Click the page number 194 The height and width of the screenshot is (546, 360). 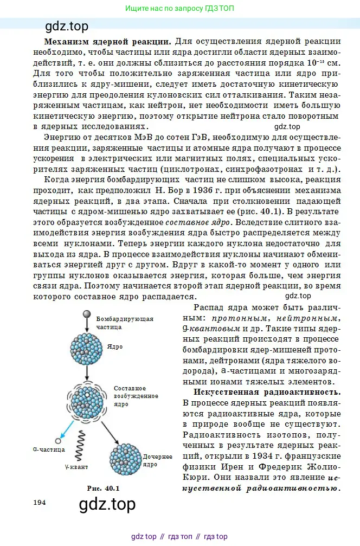click(39, 502)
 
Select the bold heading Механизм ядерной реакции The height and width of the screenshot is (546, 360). click(107, 41)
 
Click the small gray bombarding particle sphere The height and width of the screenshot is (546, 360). click(86, 315)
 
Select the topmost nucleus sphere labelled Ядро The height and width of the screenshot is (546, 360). click(86, 347)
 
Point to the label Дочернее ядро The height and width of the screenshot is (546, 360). click(157, 460)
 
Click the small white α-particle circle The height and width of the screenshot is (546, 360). click(58, 441)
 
